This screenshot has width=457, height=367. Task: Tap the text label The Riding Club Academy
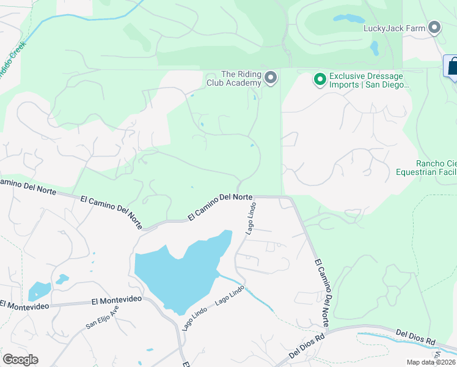coord(241,78)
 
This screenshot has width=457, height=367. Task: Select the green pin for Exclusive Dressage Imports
coord(319,79)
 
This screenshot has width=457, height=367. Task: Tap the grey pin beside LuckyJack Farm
coord(434,28)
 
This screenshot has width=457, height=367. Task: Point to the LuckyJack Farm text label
coord(393,28)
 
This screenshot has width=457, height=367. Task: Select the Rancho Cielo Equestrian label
coord(436,168)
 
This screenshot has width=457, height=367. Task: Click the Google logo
coord(20,359)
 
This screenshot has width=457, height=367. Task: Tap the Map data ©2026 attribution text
coord(431,362)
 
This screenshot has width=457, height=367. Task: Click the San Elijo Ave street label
coord(101,317)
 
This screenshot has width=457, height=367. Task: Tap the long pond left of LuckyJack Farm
coord(348,18)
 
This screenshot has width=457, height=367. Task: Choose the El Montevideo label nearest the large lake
coord(116,300)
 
